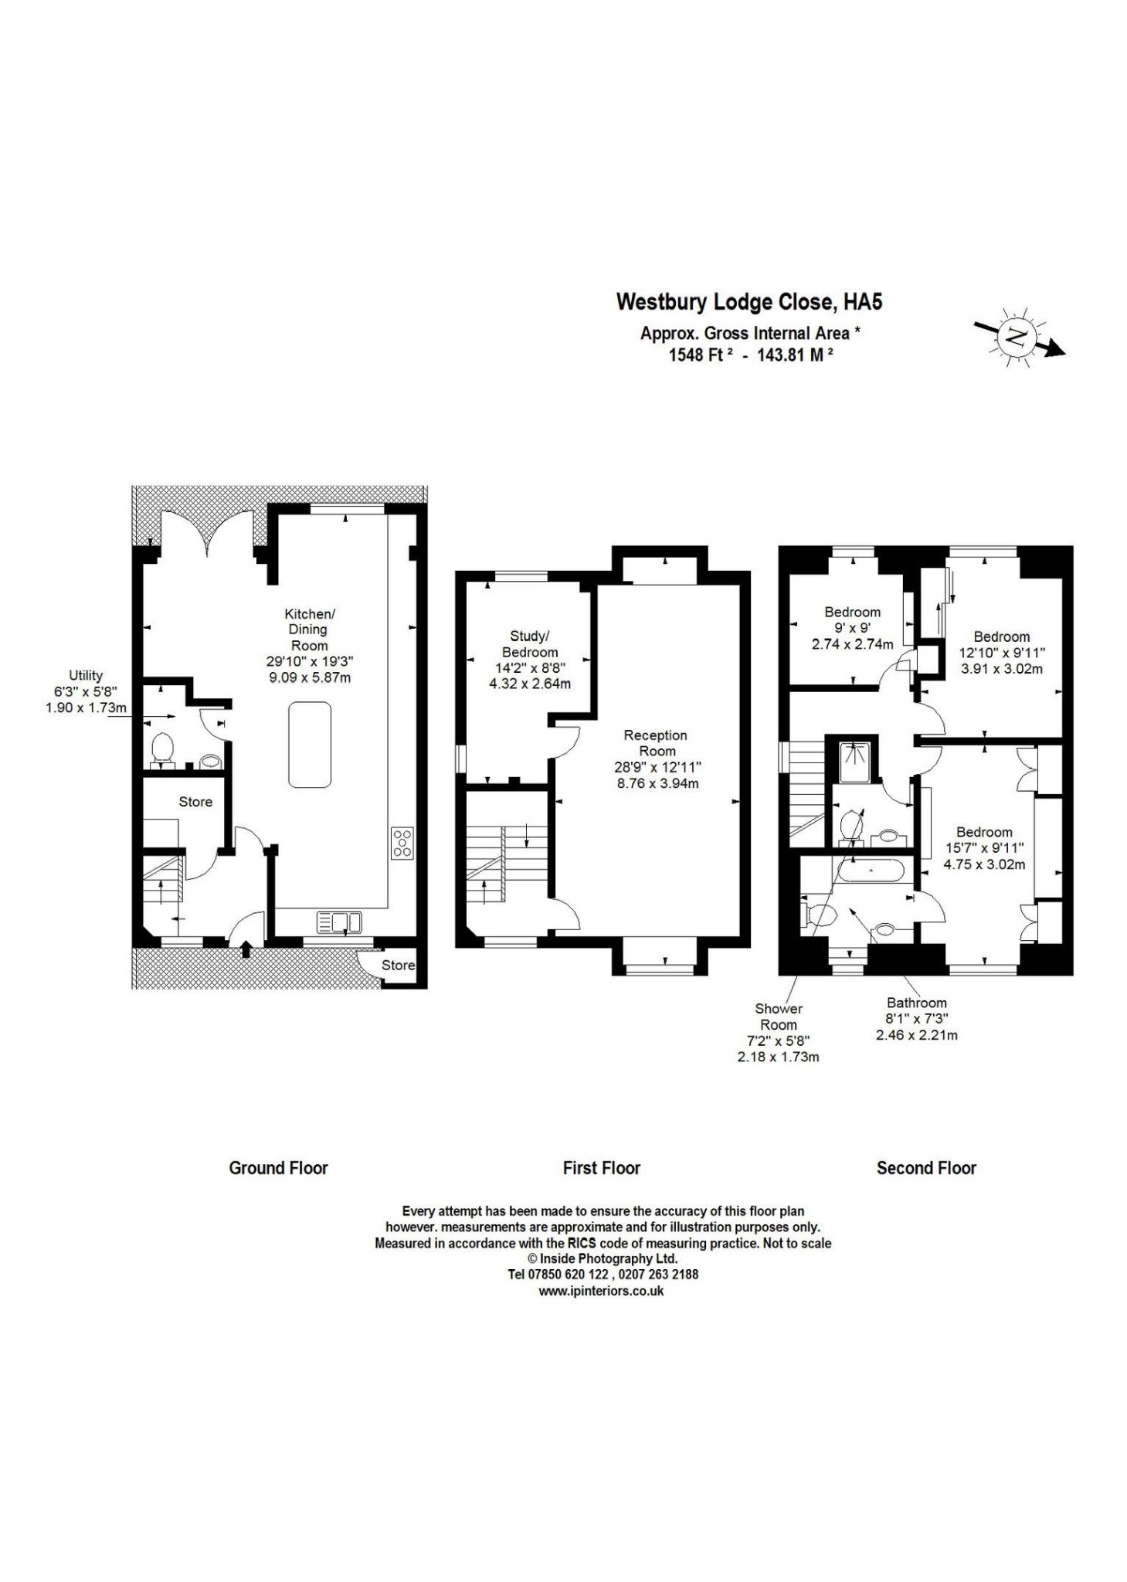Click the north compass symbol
point(1018,337)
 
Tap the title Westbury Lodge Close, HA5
point(749,302)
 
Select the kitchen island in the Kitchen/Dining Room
point(309,745)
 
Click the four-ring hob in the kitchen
point(402,842)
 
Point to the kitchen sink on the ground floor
point(339,922)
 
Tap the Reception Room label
point(655,743)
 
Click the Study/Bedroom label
point(530,644)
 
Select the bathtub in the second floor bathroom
point(871,871)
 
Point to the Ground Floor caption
point(278,1168)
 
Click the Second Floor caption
point(926,1168)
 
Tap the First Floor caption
point(602,1168)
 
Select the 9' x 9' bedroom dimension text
point(852,628)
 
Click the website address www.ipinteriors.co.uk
point(601,1291)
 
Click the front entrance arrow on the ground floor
point(246,948)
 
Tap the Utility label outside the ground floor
point(86,675)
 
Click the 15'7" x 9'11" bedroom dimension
point(984,848)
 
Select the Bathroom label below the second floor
point(917,1003)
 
